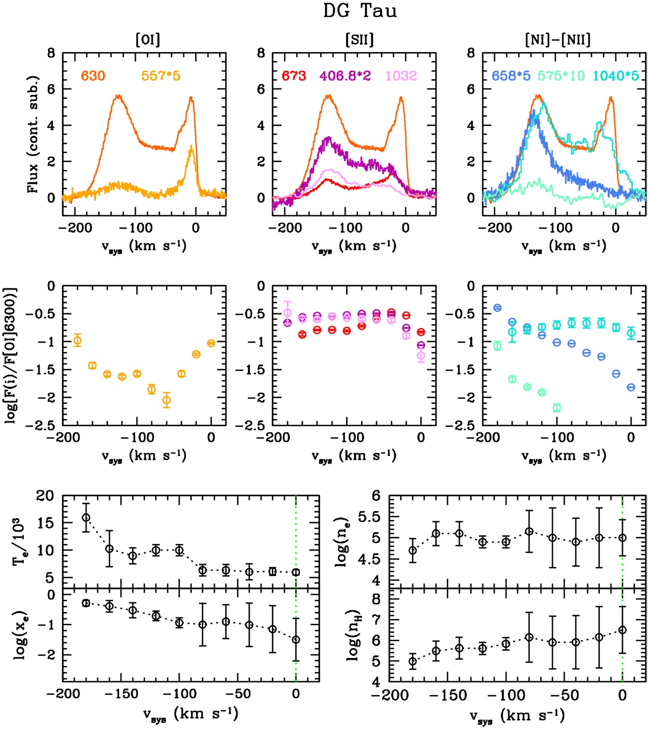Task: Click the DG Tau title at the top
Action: [x=360, y=11]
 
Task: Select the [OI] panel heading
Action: [x=148, y=39]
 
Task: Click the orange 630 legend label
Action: [x=93, y=76]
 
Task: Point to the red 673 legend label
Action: [x=294, y=76]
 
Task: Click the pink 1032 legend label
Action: [x=401, y=76]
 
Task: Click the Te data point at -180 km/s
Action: [x=86, y=518]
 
